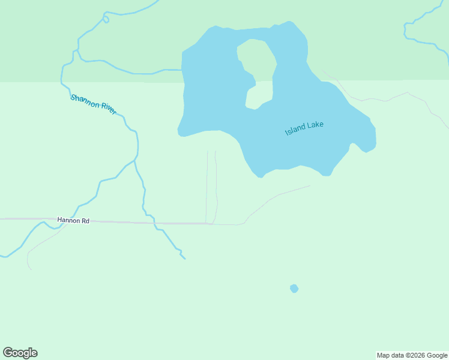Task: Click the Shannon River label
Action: (x=93, y=104)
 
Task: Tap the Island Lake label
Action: (x=304, y=128)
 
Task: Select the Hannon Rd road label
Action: (x=73, y=221)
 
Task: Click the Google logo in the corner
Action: (x=20, y=353)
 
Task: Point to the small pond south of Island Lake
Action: (x=294, y=289)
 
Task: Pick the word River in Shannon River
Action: (x=109, y=109)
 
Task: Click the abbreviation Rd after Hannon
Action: (x=85, y=221)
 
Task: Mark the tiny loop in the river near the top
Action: (x=106, y=19)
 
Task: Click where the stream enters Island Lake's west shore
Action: (x=181, y=70)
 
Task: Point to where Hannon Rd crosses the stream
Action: (x=155, y=223)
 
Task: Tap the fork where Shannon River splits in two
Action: (x=134, y=160)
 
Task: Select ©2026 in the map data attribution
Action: (x=417, y=355)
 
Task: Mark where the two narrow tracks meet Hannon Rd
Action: (x=209, y=223)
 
